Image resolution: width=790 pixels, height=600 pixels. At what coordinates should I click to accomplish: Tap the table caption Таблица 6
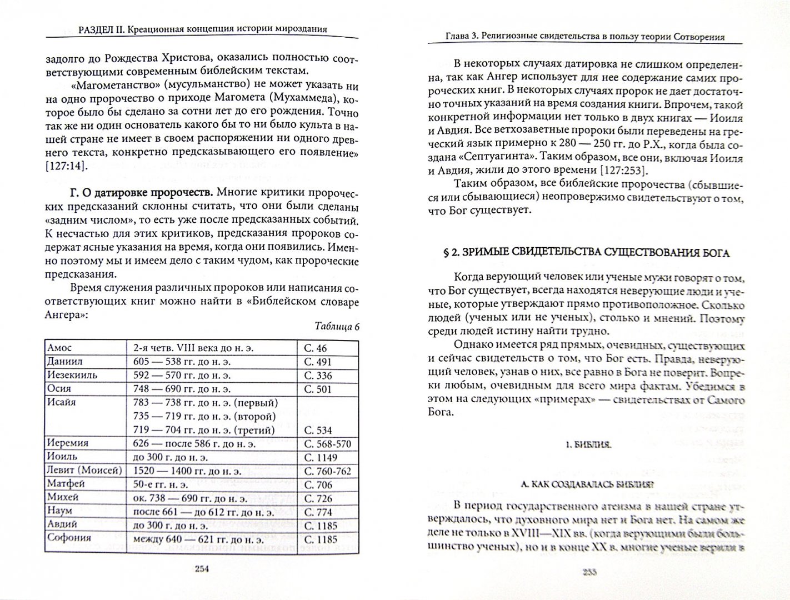[x=337, y=326]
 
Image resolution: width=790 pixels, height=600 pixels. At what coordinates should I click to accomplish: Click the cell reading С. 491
[x=318, y=361]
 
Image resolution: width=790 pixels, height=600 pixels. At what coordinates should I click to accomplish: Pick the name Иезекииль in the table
[x=72, y=375]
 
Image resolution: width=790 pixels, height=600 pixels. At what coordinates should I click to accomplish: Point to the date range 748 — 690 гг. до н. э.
[x=182, y=389]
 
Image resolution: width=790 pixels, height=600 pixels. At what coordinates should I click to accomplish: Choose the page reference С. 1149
[x=321, y=457]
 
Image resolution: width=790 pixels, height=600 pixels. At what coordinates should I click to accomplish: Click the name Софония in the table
[x=69, y=538]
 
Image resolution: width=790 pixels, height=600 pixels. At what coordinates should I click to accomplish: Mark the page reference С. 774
[x=318, y=512]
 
